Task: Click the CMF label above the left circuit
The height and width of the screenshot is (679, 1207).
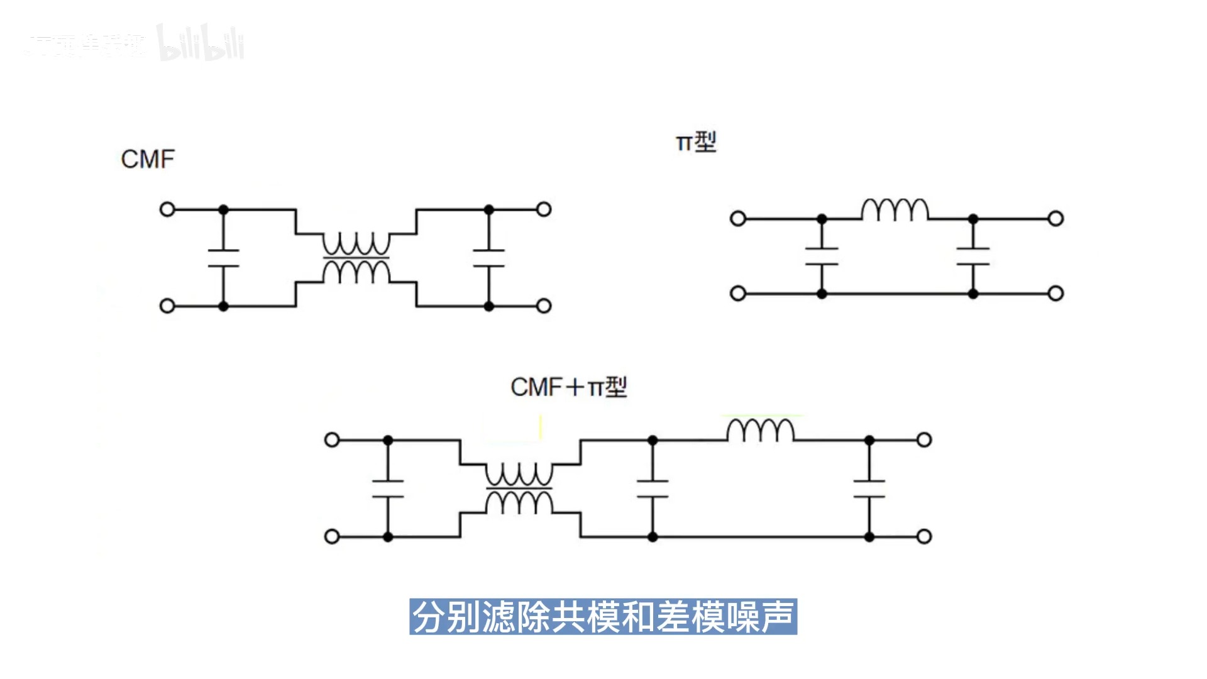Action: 148,160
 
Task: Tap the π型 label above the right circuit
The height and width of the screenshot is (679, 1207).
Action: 696,142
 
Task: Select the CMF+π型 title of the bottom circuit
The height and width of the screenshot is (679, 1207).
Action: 568,387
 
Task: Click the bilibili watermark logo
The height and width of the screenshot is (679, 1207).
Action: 201,44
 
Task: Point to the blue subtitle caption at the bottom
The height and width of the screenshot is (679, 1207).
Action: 603,617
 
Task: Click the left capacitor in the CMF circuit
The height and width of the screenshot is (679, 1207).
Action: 223,258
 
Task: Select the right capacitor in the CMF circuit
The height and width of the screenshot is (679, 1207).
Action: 489,258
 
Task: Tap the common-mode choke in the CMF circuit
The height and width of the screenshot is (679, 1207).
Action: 356,258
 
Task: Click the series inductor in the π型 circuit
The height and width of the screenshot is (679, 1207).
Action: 895,211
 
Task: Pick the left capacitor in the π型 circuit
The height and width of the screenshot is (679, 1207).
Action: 822,257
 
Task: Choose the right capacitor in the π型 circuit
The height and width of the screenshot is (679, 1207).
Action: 973,257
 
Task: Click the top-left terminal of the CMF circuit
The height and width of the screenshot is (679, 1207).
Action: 167,209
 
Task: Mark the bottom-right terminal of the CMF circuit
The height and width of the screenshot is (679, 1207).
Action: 544,306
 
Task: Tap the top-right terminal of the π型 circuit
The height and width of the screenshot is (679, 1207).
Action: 1056,219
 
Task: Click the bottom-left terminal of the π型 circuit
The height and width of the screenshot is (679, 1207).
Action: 738,294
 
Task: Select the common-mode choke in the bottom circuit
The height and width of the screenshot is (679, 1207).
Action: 519,489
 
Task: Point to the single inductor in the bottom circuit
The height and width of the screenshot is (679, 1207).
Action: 761,431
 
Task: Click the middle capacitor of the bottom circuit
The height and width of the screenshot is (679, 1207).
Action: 653,489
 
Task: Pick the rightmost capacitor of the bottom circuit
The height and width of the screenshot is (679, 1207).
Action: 869,489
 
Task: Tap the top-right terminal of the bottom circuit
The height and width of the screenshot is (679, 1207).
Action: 924,440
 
